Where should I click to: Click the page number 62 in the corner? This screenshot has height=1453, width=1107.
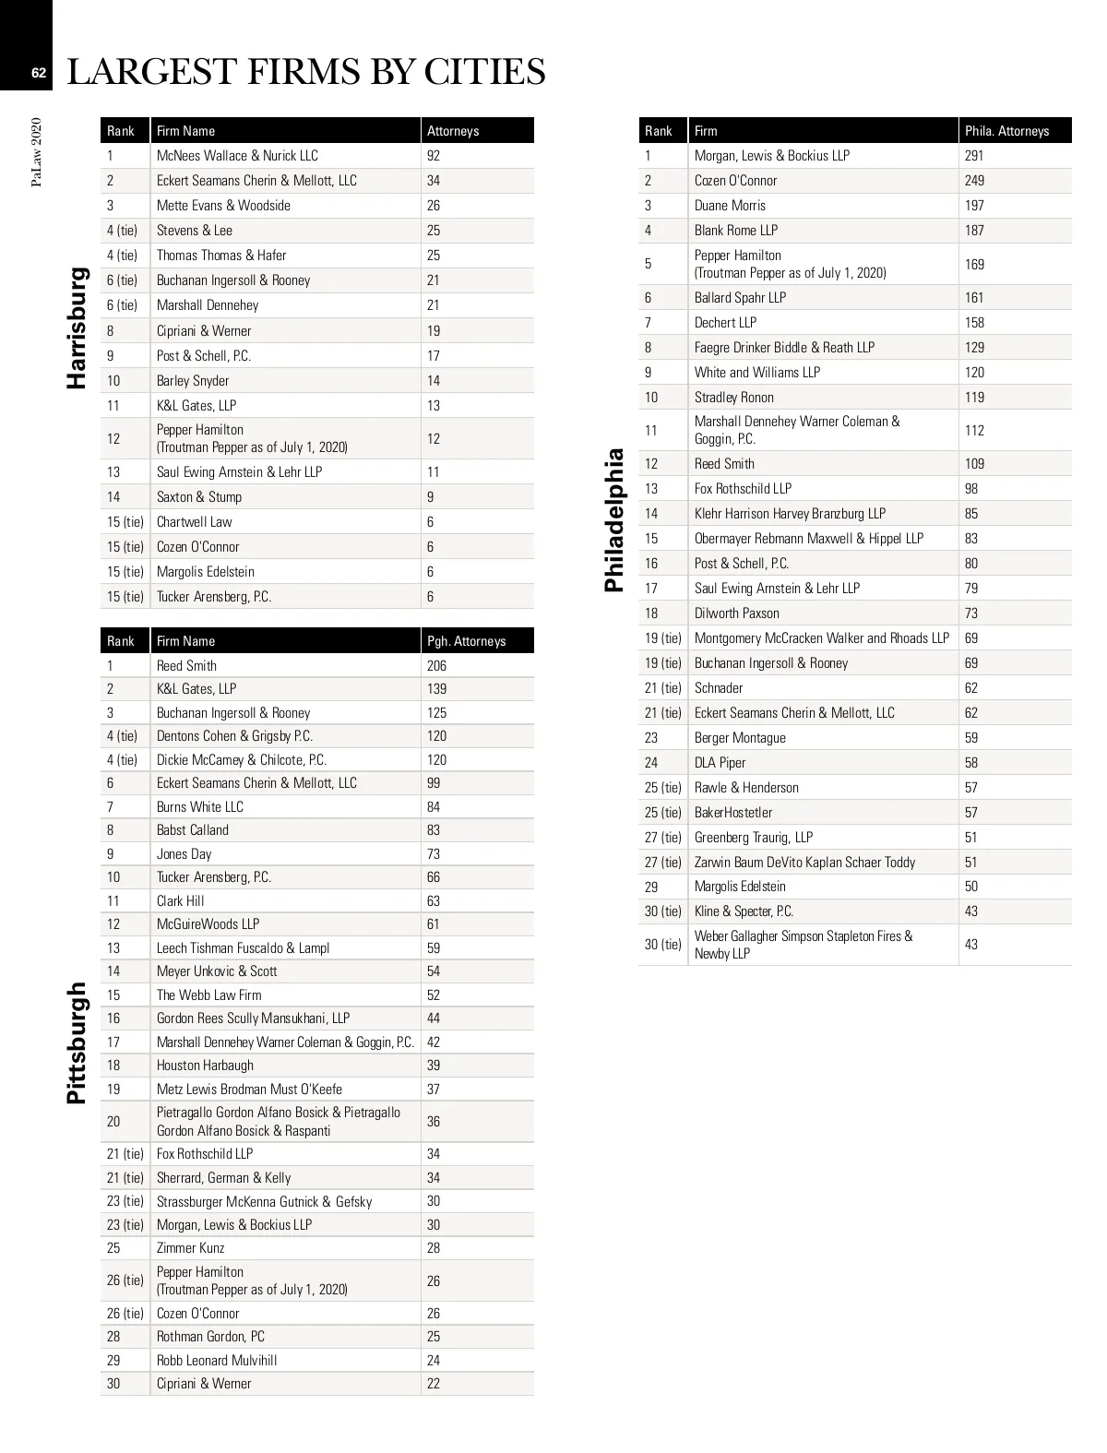38,73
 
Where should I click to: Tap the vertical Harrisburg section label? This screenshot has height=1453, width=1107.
77,328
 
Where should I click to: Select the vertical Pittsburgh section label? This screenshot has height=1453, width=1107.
77,1042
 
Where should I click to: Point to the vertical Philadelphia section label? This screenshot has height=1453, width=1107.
614,519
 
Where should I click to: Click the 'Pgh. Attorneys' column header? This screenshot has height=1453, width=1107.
466,641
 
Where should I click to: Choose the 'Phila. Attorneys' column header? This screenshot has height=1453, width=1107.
1006,131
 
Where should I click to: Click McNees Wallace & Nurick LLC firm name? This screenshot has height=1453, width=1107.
237,156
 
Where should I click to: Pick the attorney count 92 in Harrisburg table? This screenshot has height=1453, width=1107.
434,156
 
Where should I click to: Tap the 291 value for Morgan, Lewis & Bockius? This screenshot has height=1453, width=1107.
974,156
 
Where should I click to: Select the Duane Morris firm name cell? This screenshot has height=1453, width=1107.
730,206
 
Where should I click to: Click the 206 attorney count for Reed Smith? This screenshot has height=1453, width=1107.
436,666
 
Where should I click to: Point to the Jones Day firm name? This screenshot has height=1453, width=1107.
184,854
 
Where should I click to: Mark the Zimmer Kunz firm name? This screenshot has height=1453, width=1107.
190,1248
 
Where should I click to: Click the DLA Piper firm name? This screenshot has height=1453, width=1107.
720,763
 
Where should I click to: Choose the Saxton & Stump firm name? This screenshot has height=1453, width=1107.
198,497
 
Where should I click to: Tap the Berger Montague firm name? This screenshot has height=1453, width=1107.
740,738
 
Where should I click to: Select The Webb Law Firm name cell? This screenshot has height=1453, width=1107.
208,995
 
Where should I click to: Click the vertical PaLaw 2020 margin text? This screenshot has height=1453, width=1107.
37,152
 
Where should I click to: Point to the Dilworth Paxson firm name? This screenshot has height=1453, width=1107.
736,613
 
